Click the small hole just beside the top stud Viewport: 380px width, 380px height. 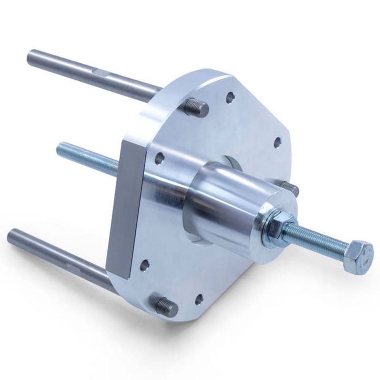(230, 98)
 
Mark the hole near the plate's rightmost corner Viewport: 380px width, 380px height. (276, 142)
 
